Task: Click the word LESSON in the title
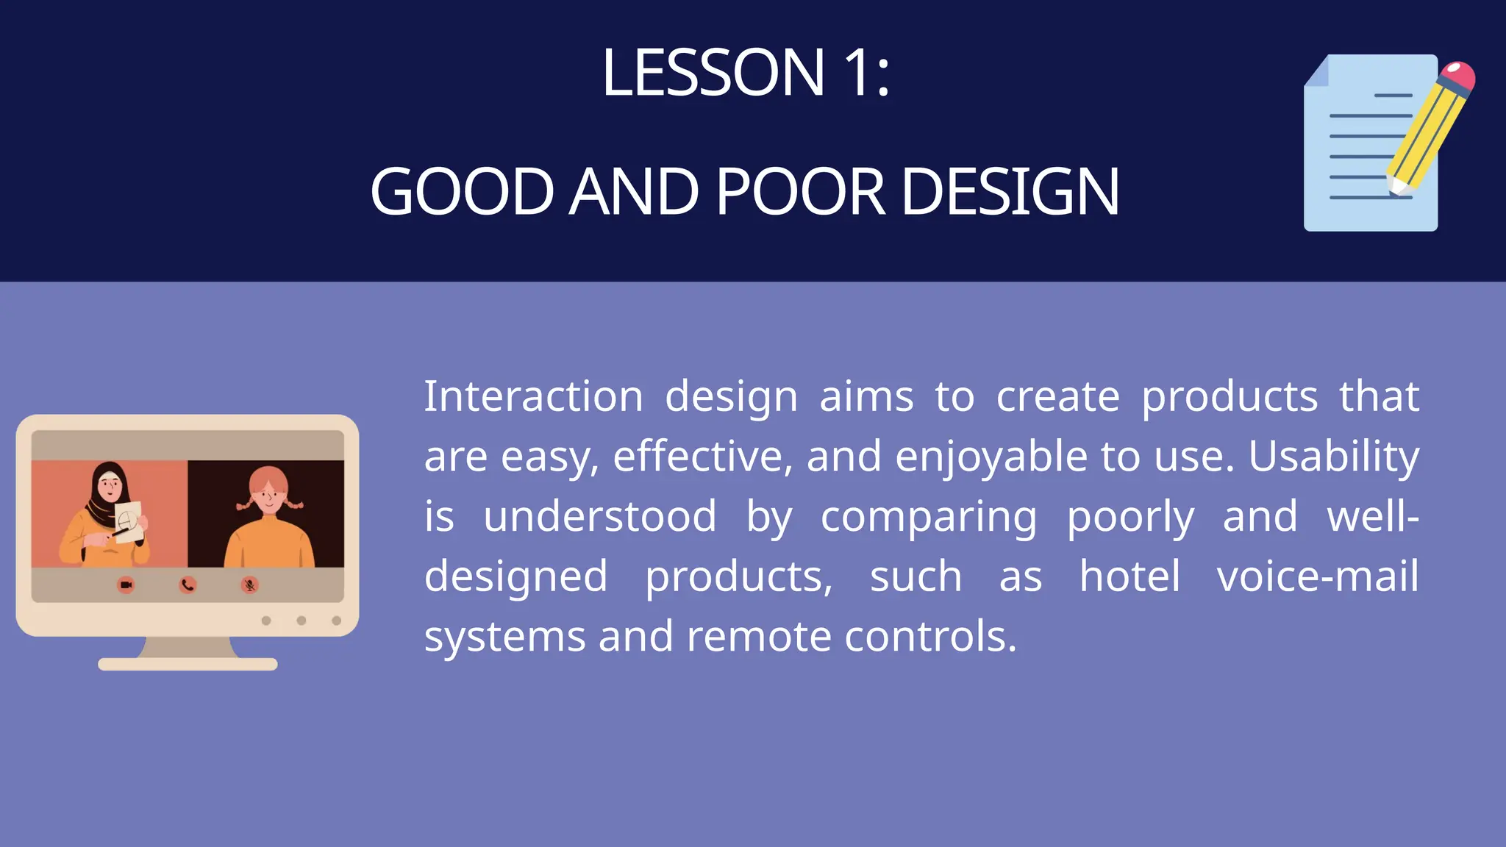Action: click(x=713, y=73)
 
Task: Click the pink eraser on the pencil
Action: click(x=1457, y=76)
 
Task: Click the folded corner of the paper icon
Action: click(x=1317, y=71)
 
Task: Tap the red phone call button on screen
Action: click(x=188, y=585)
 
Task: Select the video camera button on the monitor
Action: click(x=126, y=585)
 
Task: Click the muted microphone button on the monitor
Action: click(x=250, y=585)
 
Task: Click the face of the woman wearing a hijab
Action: click(x=110, y=487)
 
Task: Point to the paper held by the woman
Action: click(x=129, y=522)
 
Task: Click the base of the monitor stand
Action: click(x=188, y=664)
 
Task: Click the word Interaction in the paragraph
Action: click(x=533, y=397)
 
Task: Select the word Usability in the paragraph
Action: click(x=1333, y=457)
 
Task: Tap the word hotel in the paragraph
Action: click(x=1129, y=576)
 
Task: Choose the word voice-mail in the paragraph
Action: click(x=1317, y=576)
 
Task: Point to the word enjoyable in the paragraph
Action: click(x=991, y=457)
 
